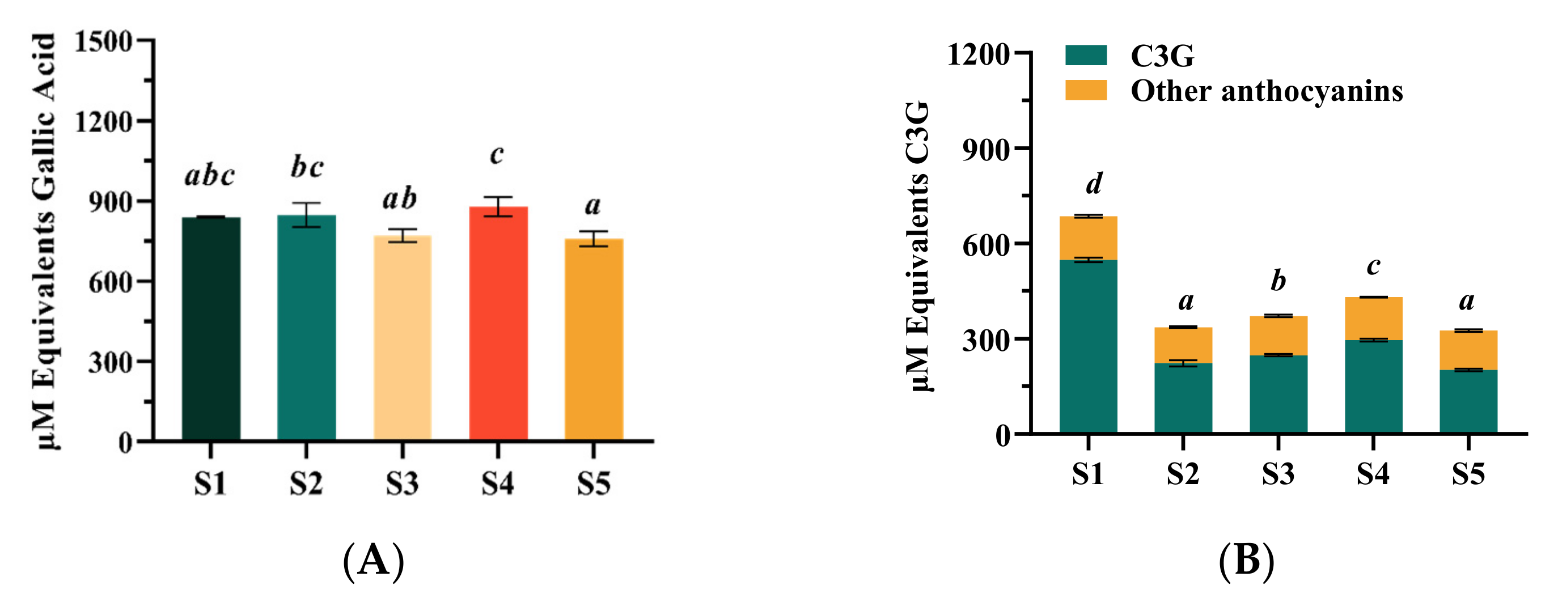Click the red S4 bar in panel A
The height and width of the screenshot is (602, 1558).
498,323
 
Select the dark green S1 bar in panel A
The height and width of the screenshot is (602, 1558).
211,329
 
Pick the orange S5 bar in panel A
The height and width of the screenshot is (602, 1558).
594,339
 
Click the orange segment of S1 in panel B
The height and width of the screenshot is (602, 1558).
1088,238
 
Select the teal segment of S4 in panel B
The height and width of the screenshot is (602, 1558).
1374,387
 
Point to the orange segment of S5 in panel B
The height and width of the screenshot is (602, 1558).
1468,350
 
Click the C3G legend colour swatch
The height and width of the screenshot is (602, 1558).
1086,55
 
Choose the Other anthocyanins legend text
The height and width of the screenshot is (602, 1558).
1267,91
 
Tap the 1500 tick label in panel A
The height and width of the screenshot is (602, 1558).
103,43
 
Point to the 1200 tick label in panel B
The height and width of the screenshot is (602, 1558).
978,55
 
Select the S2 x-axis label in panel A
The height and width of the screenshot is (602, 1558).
306,484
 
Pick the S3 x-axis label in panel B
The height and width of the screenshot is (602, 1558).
1278,474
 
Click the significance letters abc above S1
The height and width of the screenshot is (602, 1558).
209,176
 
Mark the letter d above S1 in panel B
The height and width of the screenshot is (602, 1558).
1094,183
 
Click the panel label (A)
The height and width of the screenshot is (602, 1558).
373,561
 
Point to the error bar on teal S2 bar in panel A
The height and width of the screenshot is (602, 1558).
307,215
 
